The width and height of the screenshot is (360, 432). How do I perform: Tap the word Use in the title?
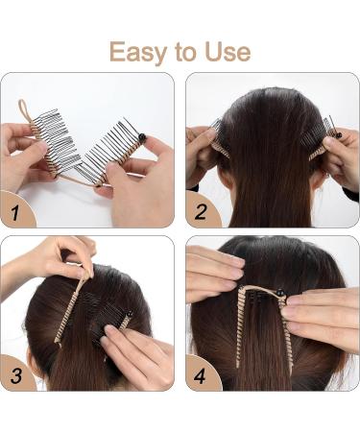pos(228,52)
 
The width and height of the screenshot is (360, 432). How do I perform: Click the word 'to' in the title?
pos(185,53)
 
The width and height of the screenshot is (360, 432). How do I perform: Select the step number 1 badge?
pos(16,209)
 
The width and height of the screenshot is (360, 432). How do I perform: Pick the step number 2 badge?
pos(202,210)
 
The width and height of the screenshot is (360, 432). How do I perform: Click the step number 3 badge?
pos(16,373)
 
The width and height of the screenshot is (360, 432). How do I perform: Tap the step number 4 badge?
pos(201,373)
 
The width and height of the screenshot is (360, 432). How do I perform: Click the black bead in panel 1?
pos(142,137)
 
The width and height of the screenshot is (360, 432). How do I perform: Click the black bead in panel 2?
pos(338,135)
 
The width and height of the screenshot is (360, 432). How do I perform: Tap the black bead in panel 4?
pos(280,292)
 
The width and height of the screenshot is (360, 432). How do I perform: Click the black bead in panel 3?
pos(130,315)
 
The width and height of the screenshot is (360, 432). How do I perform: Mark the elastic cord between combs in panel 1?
pos(77,180)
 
